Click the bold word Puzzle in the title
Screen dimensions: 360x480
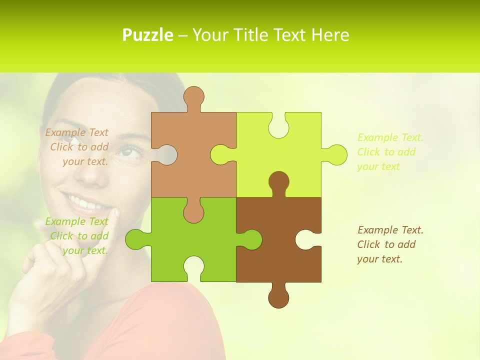click(148, 35)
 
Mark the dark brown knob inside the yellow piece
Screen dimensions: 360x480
click(278, 182)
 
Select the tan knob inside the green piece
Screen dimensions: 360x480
click(193, 212)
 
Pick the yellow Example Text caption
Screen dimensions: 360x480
click(389, 152)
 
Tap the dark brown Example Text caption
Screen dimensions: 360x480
click(389, 244)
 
